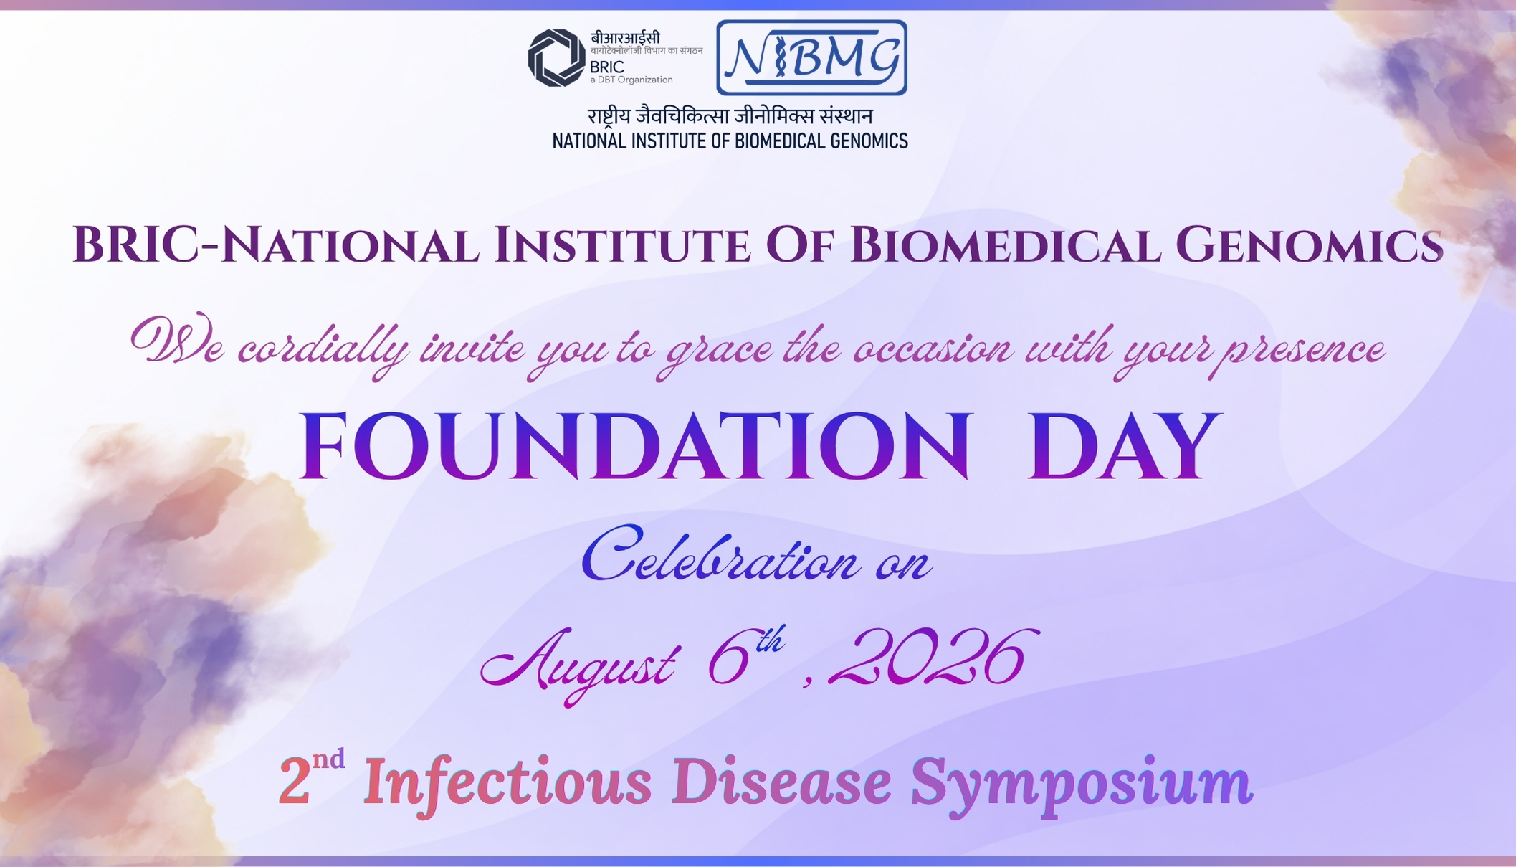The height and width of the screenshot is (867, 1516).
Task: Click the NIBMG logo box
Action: tap(811, 57)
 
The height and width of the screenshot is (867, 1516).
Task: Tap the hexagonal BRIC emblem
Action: tap(556, 57)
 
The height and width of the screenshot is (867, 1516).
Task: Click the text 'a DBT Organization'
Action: tap(631, 80)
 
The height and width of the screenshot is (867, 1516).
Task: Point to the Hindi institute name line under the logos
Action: tap(730, 116)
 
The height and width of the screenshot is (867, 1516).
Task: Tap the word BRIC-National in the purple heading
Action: tap(275, 245)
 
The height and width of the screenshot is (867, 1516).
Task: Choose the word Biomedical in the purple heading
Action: tap(1003, 245)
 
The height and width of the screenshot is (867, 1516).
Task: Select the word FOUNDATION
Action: tap(635, 445)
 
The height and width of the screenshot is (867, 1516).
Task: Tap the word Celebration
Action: tap(720, 555)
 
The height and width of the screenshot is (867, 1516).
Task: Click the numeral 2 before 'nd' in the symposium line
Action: tap(294, 782)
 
